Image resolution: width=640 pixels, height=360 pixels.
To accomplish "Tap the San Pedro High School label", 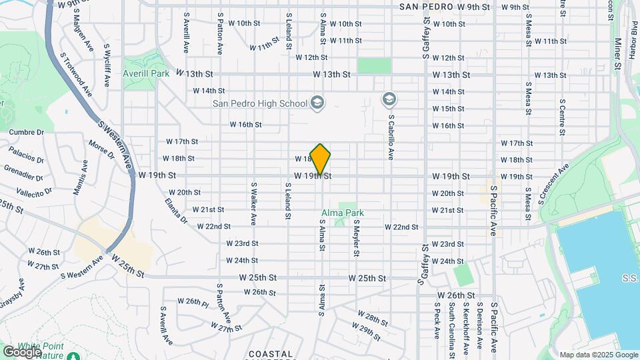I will tap(260, 103).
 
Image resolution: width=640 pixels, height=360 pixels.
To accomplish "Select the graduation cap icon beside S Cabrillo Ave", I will tap(389, 100).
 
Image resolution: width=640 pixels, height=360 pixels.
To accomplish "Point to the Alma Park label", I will tap(343, 213).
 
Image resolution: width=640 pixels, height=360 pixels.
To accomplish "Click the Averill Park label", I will tap(146, 73).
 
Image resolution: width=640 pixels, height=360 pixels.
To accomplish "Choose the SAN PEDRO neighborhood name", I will tap(426, 7).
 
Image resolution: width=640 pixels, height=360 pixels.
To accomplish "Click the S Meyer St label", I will tap(357, 239).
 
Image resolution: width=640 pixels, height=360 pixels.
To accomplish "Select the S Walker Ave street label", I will tap(254, 203).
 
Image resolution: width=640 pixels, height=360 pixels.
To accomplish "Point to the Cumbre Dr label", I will tap(25, 132).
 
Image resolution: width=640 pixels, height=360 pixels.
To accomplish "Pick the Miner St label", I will tap(617, 50).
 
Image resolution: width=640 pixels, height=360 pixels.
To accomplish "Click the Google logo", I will tap(21, 351).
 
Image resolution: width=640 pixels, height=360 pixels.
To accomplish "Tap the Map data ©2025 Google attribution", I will tap(598, 355).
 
